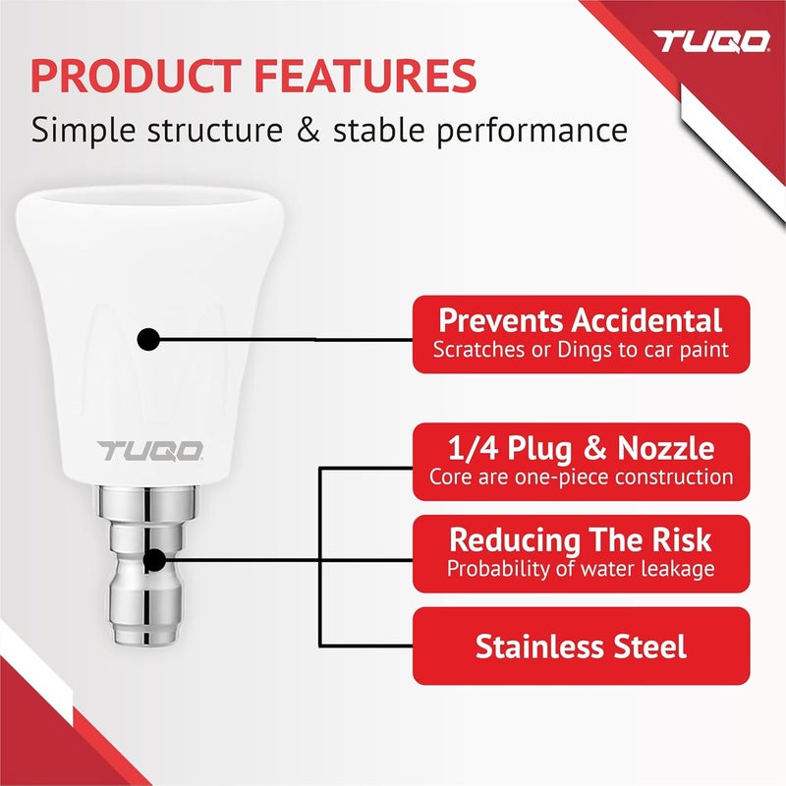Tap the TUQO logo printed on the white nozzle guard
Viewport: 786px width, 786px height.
[x=150, y=451]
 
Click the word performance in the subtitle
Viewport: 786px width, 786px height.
[x=536, y=131]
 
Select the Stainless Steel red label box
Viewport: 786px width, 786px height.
[x=581, y=646]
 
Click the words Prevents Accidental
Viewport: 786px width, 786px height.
[x=581, y=320]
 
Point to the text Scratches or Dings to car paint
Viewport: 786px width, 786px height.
[x=581, y=350]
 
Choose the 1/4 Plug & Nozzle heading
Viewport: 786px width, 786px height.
[x=581, y=449]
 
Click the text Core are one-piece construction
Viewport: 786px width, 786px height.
[x=581, y=477]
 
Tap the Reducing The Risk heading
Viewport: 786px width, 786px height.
[x=581, y=539]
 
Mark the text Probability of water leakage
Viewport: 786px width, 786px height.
[x=581, y=568]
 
